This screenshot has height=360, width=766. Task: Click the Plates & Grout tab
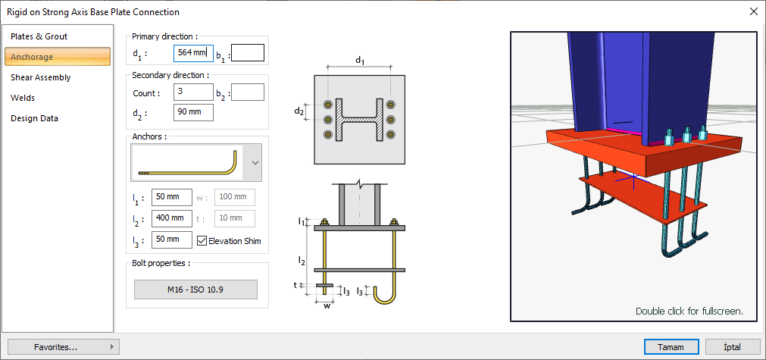point(39,36)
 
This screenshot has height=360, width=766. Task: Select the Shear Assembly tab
point(41,77)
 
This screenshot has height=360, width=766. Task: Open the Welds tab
point(23,98)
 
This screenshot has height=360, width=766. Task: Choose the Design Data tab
point(34,118)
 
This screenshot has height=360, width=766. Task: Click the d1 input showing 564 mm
point(192,53)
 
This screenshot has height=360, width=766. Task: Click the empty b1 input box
point(248,53)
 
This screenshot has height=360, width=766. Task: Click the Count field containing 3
point(192,92)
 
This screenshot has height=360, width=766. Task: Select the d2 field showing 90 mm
point(192,113)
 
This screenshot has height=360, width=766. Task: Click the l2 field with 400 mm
point(171,218)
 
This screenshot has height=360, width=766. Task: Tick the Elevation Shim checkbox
point(202,241)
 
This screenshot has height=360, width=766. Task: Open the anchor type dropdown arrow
point(255,162)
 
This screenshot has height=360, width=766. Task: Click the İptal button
point(733,347)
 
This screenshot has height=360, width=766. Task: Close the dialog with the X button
point(753,11)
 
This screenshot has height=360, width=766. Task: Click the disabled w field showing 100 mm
point(235,198)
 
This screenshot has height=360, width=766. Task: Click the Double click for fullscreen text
point(689,311)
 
